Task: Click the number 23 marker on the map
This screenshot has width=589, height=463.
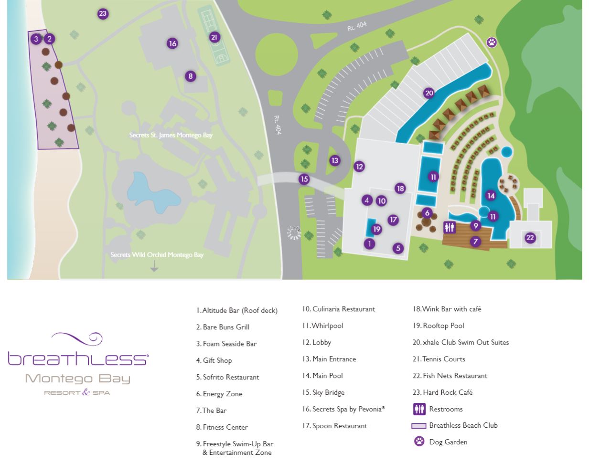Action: pos(103,14)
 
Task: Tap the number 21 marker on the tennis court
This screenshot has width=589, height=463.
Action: pos(214,37)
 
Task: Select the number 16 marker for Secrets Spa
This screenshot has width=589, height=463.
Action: pos(172,43)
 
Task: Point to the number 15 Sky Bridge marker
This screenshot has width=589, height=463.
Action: pos(304,179)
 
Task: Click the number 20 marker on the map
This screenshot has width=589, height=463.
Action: pos(429,93)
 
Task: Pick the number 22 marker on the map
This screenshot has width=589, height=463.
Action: pos(530,238)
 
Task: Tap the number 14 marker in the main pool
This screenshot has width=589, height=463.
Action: pos(491,196)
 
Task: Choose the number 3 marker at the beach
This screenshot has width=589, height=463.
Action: pos(36,39)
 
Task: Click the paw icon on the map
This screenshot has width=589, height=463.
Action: pos(492,42)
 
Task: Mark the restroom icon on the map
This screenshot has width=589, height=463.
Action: pos(450,228)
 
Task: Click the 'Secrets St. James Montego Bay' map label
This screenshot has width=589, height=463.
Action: pos(171,135)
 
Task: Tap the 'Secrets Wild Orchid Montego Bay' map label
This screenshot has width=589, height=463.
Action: pos(157,254)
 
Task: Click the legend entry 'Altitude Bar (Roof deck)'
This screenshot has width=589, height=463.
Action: pos(239,311)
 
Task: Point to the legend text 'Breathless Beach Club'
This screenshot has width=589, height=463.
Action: pos(463,425)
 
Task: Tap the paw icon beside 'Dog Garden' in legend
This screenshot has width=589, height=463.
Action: pos(419,442)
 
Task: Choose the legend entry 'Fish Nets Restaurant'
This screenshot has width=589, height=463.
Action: pos(454,376)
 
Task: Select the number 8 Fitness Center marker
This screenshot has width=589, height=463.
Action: pos(191,76)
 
